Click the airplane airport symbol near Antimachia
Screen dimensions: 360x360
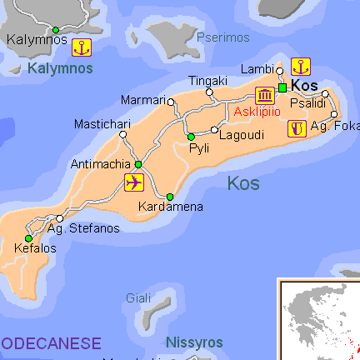[x=133, y=182]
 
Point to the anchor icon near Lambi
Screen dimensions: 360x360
[x=302, y=66]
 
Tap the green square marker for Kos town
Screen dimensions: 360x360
[x=282, y=87]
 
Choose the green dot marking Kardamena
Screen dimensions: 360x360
[x=170, y=197]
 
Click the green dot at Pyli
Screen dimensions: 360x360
[x=191, y=137]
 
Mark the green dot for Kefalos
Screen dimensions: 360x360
[x=28, y=238]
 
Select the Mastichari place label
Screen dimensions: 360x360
[x=102, y=124]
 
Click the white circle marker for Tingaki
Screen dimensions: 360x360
[x=209, y=92]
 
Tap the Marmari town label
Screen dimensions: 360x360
[x=143, y=100]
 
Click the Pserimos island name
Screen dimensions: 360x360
[x=223, y=37]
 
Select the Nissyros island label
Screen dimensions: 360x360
[x=194, y=342]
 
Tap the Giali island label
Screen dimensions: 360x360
[x=138, y=297]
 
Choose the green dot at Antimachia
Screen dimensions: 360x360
[x=138, y=164]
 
